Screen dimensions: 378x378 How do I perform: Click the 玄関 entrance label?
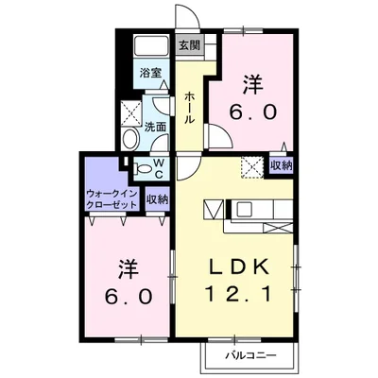click(190, 45)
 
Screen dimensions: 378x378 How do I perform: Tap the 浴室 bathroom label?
click(151, 73)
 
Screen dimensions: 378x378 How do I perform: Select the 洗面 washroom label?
click(155, 127)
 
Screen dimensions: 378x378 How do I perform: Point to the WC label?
click(159, 168)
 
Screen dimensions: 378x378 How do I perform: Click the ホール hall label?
click(189, 108)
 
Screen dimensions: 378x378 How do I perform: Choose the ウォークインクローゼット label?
click(112, 199)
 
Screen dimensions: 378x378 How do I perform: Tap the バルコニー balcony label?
click(250, 356)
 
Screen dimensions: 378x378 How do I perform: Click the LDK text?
click(239, 267)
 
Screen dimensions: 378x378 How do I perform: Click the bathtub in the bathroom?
click(151, 46)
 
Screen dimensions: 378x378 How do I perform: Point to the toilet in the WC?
click(143, 169)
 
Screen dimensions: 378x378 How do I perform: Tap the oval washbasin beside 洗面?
click(130, 139)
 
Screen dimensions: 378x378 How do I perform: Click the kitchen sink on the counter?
click(245, 209)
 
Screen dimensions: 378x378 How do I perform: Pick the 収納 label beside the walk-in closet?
click(157, 199)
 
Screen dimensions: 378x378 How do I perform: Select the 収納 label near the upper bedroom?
click(282, 166)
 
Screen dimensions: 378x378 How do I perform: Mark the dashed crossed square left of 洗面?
click(131, 113)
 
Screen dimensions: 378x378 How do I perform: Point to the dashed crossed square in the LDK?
click(252, 167)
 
